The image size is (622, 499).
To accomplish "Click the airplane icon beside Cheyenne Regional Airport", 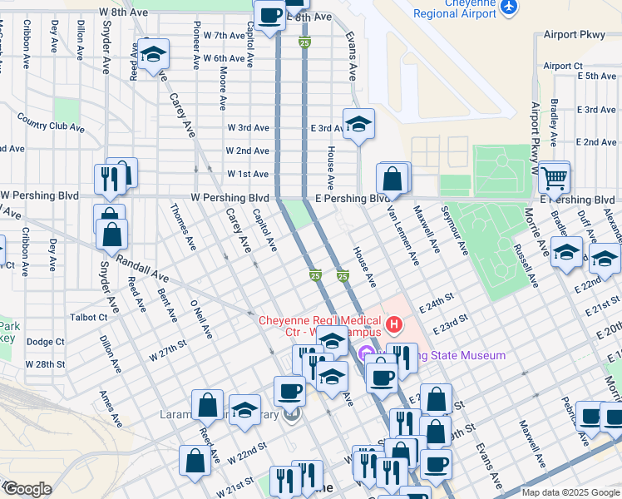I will click(x=509, y=7).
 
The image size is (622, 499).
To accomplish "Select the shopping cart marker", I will click(x=553, y=177).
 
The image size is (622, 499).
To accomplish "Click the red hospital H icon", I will click(x=394, y=322).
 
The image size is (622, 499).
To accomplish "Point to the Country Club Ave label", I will click(x=51, y=122).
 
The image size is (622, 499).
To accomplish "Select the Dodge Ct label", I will click(x=45, y=342).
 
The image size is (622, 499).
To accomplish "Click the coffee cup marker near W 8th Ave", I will click(x=270, y=15).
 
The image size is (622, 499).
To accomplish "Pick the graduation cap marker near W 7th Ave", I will click(x=153, y=55).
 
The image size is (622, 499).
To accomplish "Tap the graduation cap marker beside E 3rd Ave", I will click(x=358, y=124).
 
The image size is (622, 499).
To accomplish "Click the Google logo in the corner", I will click(x=27, y=489).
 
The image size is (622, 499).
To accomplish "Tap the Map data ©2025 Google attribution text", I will click(x=570, y=492).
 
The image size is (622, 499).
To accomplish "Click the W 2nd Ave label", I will click(x=248, y=151).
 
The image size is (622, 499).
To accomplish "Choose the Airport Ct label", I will click(x=563, y=67).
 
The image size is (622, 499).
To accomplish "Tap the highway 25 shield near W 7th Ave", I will click(x=305, y=42).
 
